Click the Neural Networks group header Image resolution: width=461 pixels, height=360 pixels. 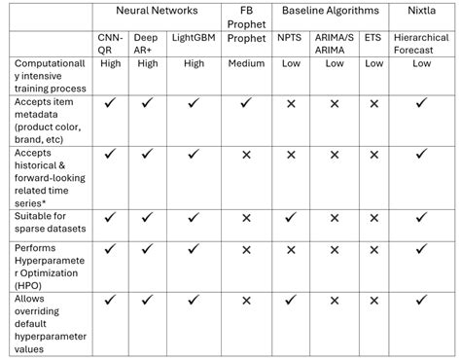click(x=156, y=11)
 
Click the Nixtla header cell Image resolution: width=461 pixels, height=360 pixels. click(x=421, y=11)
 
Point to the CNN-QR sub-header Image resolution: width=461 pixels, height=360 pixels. click(x=110, y=44)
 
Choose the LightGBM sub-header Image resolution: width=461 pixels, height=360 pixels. click(x=195, y=38)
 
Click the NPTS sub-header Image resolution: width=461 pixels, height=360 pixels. click(x=291, y=38)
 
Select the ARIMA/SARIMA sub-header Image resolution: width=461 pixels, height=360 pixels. click(x=335, y=44)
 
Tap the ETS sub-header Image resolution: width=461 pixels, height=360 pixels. click(x=373, y=38)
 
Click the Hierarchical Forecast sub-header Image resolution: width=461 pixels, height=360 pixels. click(x=421, y=44)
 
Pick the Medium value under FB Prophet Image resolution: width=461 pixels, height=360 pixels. click(x=246, y=64)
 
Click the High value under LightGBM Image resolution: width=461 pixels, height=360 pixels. click(x=195, y=64)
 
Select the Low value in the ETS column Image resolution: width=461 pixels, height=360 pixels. click(x=373, y=64)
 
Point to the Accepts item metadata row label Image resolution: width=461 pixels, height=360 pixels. click(x=47, y=117)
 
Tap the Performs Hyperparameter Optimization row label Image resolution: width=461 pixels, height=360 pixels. click(x=47, y=262)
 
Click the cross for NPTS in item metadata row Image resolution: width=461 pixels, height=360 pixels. click(x=291, y=102)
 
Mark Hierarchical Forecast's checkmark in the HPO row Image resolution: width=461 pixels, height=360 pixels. click(x=421, y=249)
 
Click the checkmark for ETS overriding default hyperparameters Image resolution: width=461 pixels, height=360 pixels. click(x=373, y=303)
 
